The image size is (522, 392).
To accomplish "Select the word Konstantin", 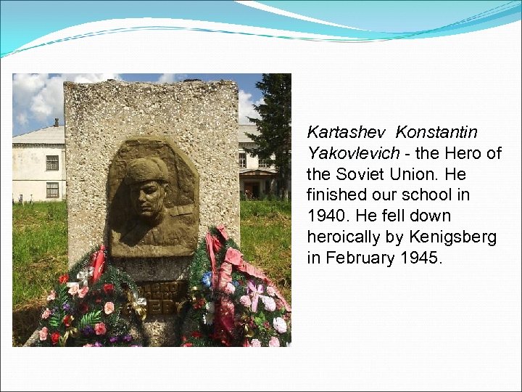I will click(436, 133).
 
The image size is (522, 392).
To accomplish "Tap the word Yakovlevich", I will click(353, 154).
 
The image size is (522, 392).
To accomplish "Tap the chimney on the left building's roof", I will click(55, 123).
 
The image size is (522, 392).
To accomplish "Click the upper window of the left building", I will click(52, 163).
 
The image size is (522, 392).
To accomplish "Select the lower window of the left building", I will click(52, 190).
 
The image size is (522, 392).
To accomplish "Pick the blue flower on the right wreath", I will click(208, 278).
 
